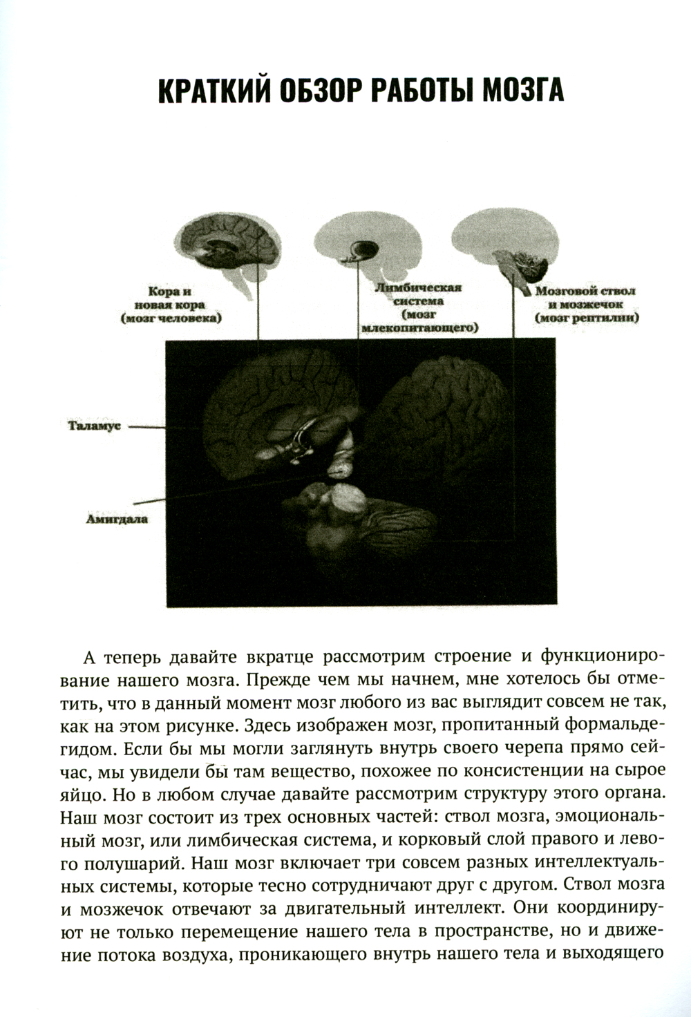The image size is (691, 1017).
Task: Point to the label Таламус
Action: [95, 426]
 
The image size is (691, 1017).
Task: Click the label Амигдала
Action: [117, 517]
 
